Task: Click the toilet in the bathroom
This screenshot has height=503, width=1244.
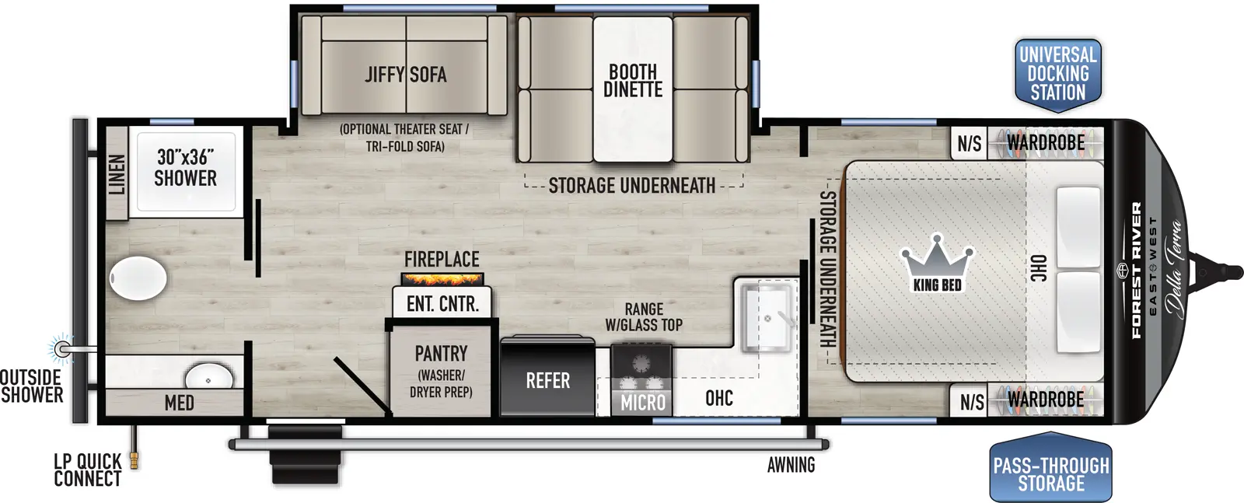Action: [138, 278]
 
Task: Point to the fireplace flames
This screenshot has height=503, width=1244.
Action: [442, 278]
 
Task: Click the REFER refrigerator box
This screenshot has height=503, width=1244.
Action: [547, 380]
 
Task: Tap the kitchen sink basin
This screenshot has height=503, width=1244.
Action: [767, 317]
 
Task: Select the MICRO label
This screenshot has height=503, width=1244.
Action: [642, 403]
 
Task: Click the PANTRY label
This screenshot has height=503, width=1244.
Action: [441, 354]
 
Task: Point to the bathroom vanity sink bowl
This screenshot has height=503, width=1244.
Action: [208, 379]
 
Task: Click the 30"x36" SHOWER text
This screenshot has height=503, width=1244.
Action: [185, 168]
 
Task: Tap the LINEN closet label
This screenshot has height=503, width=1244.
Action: [117, 174]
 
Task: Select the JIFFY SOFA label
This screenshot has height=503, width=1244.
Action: [406, 75]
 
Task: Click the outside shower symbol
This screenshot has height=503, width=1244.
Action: [61, 349]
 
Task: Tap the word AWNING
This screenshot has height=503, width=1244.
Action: [791, 465]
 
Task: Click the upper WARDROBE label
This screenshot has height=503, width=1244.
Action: [1045, 142]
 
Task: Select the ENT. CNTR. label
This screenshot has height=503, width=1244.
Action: [442, 303]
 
